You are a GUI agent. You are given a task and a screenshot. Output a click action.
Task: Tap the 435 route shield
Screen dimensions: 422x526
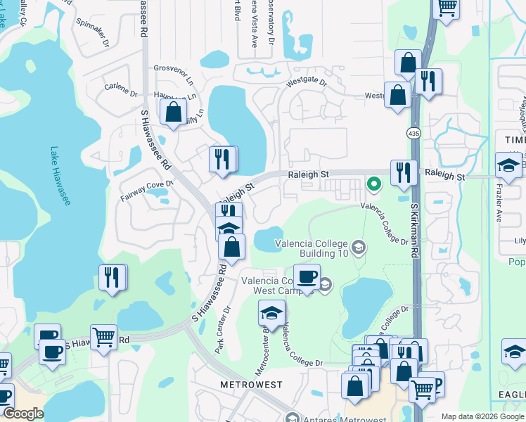click(413, 133)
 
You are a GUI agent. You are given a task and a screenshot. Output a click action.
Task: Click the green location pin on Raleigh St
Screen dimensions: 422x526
click(374, 184)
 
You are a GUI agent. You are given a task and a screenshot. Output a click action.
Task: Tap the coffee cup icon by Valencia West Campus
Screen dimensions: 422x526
click(307, 276)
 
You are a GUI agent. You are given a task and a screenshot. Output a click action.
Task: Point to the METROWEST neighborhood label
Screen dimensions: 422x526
click(251, 385)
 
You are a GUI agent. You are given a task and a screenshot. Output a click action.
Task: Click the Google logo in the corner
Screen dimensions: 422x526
click(23, 413)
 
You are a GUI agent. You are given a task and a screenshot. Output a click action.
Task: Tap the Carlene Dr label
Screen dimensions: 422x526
click(121, 90)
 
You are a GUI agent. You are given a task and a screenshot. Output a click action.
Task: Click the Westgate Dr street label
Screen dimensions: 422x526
click(306, 83)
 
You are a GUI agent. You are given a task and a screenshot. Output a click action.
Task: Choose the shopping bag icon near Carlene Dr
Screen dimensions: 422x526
click(173, 112)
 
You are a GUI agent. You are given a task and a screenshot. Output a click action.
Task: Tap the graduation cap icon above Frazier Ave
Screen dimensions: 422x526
click(508, 165)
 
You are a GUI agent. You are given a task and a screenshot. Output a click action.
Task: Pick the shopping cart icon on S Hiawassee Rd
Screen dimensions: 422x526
click(104, 337)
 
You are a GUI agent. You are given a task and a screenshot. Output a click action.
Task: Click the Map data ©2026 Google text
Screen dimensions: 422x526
click(482, 416)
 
